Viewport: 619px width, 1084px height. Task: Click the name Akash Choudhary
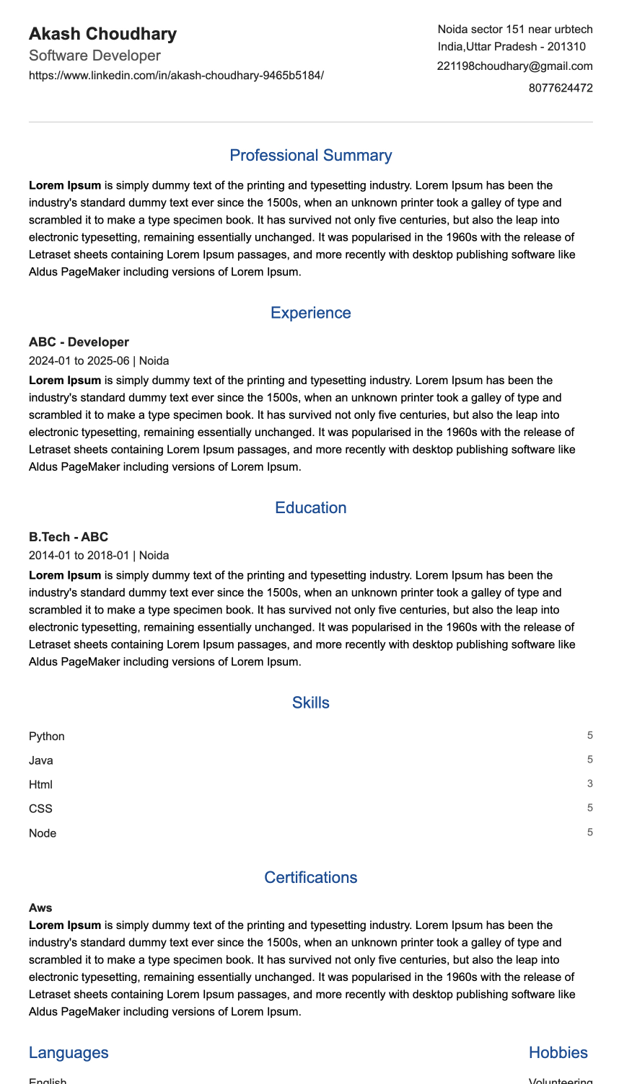coord(102,34)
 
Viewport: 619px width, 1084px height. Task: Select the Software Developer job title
coord(95,55)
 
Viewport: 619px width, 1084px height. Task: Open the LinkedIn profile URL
coord(176,76)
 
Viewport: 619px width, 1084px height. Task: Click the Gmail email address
coord(514,66)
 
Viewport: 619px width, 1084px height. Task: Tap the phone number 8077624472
coord(560,88)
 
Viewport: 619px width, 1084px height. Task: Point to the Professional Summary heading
coord(310,156)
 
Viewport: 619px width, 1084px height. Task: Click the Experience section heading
coord(310,313)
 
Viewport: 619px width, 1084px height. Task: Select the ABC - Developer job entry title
coord(79,342)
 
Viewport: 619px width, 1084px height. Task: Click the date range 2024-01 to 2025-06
coord(79,360)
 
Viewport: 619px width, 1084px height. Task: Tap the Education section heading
coord(310,508)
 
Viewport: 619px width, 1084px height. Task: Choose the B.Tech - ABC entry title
coord(69,537)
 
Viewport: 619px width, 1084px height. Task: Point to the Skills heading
coord(310,703)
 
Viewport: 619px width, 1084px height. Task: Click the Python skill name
coord(47,737)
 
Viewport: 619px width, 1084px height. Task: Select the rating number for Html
coord(589,784)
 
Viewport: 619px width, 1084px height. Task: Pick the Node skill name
coord(43,833)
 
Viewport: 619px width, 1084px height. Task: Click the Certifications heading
coord(310,878)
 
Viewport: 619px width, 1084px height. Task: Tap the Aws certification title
coord(40,908)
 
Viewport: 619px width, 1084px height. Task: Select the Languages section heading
coord(69,1053)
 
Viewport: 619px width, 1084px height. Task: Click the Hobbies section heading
coord(558,1053)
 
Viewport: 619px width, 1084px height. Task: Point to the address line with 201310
coord(512,47)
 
